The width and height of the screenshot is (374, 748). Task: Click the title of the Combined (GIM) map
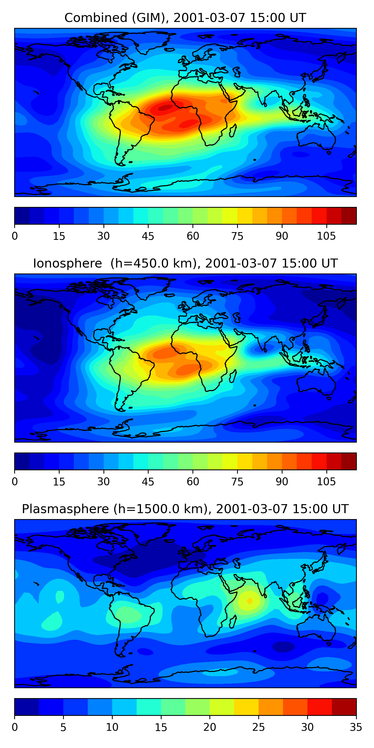click(185, 18)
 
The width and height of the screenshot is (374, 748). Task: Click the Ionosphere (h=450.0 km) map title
click(185, 263)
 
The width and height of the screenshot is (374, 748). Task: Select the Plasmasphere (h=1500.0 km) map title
click(185, 509)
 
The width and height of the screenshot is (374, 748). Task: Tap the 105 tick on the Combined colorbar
click(326, 236)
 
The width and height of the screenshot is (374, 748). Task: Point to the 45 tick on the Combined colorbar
click(148, 236)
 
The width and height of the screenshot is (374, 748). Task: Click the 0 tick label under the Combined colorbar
click(15, 236)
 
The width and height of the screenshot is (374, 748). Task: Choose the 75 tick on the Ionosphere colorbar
click(237, 482)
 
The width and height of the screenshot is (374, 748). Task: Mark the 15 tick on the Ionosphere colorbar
click(59, 482)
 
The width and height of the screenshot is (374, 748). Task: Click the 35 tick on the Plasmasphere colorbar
click(356, 727)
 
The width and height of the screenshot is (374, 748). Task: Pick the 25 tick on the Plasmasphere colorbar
click(258, 727)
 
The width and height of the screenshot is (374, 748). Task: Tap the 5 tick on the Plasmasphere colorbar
click(63, 727)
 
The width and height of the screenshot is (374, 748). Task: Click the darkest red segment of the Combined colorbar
click(349, 216)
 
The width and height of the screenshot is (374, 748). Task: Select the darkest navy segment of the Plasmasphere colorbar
click(27, 707)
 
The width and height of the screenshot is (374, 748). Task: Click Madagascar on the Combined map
click(233, 130)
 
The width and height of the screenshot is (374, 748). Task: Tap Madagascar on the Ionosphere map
click(233, 376)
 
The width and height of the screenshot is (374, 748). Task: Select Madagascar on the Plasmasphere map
click(233, 622)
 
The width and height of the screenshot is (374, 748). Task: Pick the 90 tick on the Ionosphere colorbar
click(282, 482)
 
